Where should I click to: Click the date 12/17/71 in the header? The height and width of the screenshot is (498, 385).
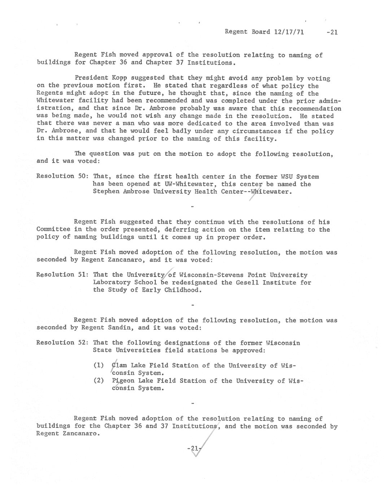pos(289,32)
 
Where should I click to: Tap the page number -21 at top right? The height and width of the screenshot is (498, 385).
pos(331,32)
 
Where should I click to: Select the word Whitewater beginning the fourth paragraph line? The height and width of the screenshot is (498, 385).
pos(54,101)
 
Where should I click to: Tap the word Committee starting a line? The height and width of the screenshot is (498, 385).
pos(53,230)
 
